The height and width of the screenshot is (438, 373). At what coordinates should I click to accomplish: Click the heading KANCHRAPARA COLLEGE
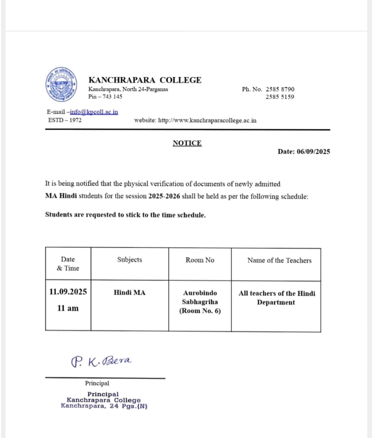tap(145, 80)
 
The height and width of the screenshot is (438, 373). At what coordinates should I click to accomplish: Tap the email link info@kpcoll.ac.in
tap(94, 112)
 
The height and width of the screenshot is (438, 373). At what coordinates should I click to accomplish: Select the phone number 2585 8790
tap(280, 89)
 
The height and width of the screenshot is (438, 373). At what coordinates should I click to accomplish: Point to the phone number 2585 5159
tap(280, 97)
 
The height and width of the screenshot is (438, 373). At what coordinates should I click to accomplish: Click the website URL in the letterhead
tap(207, 120)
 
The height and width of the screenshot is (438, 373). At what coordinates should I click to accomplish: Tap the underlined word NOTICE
tap(187, 143)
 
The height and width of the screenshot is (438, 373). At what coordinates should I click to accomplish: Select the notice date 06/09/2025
tap(313, 152)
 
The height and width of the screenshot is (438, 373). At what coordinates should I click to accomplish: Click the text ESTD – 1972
tap(65, 120)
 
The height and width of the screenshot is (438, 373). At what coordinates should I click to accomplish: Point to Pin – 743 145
tap(105, 96)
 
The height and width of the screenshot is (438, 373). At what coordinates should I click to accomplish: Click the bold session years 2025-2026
tap(164, 196)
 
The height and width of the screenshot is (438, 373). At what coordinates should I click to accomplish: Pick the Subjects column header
tap(130, 260)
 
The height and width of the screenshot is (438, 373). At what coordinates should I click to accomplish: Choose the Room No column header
tap(200, 260)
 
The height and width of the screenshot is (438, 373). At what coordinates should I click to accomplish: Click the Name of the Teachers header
tap(279, 260)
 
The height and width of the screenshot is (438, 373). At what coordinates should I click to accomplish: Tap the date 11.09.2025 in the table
tap(68, 292)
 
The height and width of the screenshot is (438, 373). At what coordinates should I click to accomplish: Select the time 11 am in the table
tap(68, 308)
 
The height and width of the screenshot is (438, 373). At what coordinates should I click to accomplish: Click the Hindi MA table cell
tap(130, 293)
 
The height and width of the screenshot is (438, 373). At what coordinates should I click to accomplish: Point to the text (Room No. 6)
tap(200, 311)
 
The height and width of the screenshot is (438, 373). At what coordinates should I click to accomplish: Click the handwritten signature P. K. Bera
tap(101, 361)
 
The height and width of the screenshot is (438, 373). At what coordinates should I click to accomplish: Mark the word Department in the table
tap(276, 302)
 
